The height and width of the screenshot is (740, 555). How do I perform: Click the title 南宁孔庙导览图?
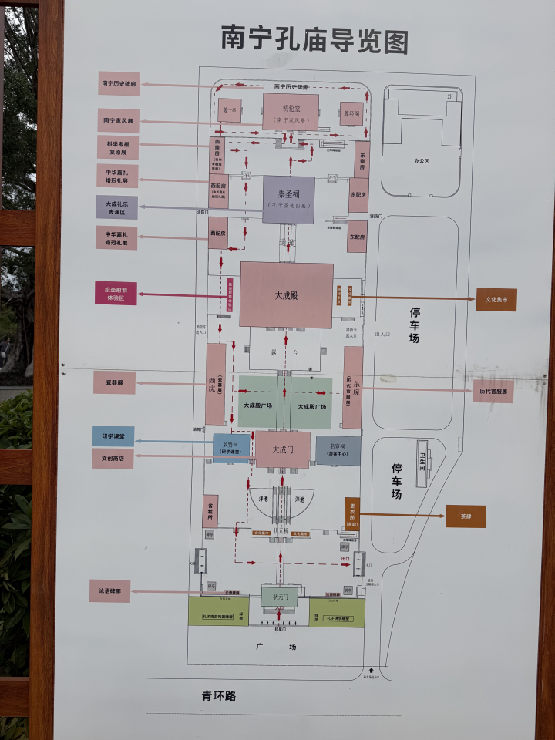(x=314, y=39)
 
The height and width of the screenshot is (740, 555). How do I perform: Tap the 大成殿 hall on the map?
(x=286, y=294)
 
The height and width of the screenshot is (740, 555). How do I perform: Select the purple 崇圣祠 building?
(x=288, y=200)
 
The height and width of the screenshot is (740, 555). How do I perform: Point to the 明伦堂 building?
(x=290, y=112)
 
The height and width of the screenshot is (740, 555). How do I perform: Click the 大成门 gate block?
(x=283, y=449)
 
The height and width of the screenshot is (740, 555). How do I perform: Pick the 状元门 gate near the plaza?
(x=279, y=597)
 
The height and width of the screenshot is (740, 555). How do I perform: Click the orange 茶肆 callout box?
(x=466, y=516)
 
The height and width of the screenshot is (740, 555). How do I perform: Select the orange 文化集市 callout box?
(x=496, y=299)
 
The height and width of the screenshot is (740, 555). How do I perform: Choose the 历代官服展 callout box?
(x=493, y=391)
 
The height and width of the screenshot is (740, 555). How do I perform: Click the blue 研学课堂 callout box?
(x=113, y=437)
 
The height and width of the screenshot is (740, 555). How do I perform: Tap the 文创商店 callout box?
(x=113, y=458)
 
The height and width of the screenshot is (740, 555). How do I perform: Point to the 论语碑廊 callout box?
(x=109, y=590)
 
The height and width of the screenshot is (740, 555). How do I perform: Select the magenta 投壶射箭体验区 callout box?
(x=116, y=293)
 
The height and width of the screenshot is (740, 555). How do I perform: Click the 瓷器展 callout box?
(x=114, y=382)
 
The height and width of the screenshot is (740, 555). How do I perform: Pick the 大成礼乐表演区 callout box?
(x=117, y=207)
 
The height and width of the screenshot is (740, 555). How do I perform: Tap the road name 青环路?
(x=219, y=696)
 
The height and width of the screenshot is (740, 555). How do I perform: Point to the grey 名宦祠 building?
(x=338, y=450)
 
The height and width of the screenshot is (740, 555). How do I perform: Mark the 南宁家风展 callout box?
(x=118, y=120)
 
